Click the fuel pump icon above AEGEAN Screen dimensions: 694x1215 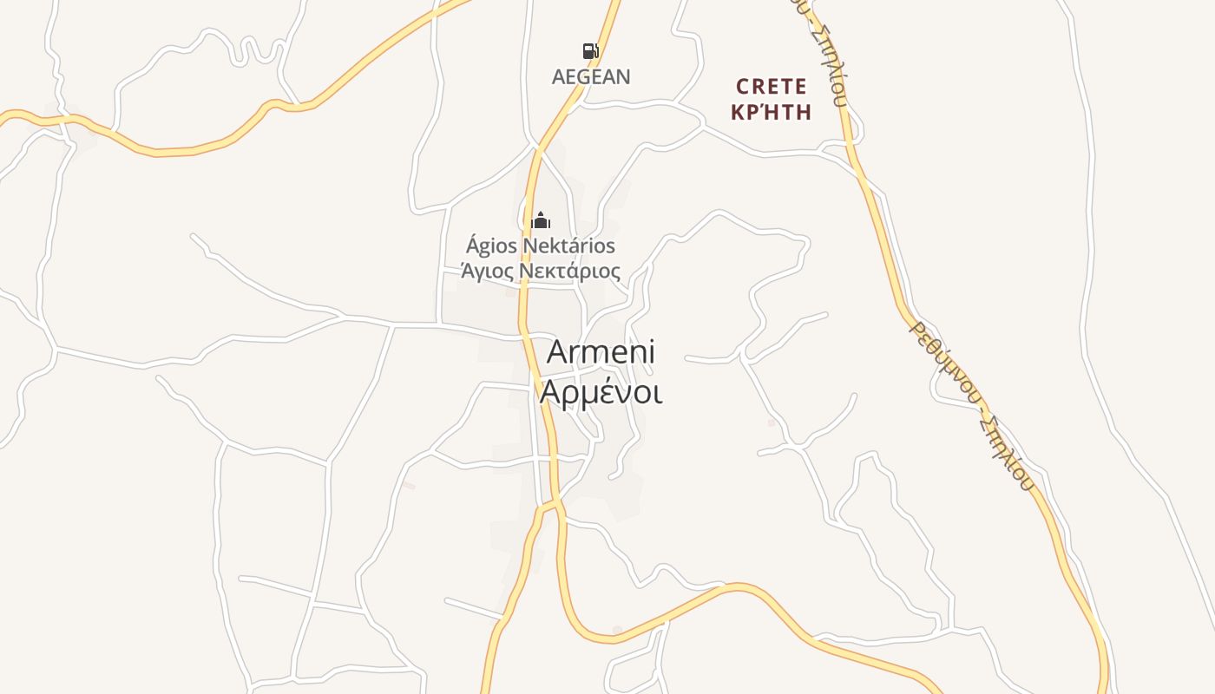coord(590,51)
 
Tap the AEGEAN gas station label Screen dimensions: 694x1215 coord(591,76)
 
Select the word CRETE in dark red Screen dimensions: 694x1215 coord(772,87)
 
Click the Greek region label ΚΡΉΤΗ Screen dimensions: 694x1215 coord(771,112)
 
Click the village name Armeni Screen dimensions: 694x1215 coord(601,352)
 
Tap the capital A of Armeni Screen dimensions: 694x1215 coord(559,352)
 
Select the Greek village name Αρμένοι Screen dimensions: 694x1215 coord(601,392)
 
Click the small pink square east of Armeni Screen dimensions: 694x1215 coord(771,422)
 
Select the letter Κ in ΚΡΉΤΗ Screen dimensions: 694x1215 coord(739,112)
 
